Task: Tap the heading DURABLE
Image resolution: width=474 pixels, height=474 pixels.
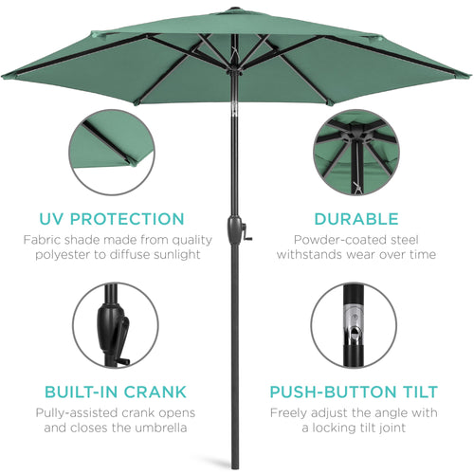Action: (x=358, y=219)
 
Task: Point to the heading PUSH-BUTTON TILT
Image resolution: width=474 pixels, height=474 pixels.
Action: (x=354, y=392)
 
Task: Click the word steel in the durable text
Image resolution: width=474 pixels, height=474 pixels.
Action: (x=410, y=241)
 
